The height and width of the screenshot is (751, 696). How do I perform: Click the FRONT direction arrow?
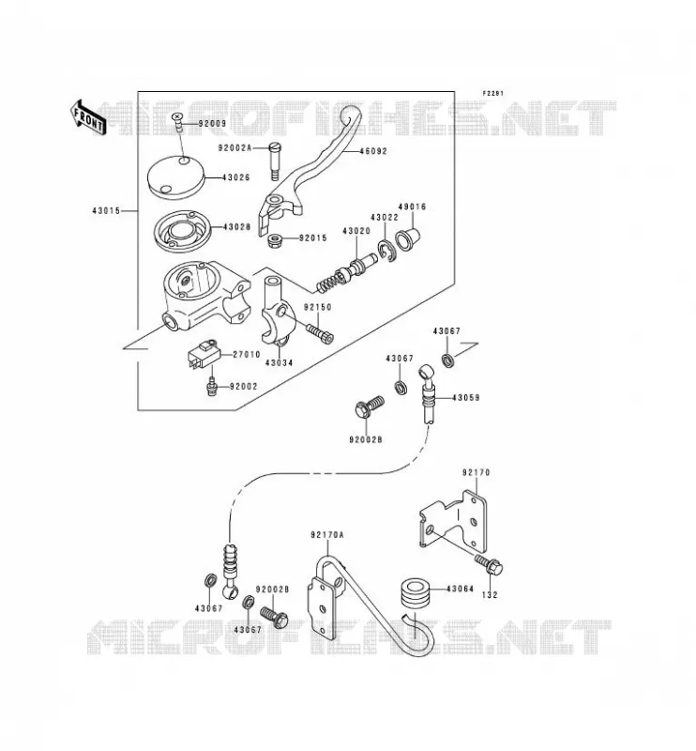tap(87, 117)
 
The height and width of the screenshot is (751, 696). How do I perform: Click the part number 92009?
tap(213, 124)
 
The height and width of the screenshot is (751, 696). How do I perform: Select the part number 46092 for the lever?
tap(373, 151)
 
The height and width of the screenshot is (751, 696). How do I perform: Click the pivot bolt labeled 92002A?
tap(275, 161)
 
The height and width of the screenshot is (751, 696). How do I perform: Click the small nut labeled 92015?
tap(275, 238)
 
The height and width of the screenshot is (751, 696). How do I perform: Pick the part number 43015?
tap(106, 210)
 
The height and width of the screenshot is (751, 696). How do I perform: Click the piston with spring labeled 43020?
tap(345, 274)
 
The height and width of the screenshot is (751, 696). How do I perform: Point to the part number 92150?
tap(317, 308)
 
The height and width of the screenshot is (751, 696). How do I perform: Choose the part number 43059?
tap(466, 398)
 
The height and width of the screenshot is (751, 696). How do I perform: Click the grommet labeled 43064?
tap(416, 595)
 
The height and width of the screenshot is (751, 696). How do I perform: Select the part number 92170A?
tap(327, 535)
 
